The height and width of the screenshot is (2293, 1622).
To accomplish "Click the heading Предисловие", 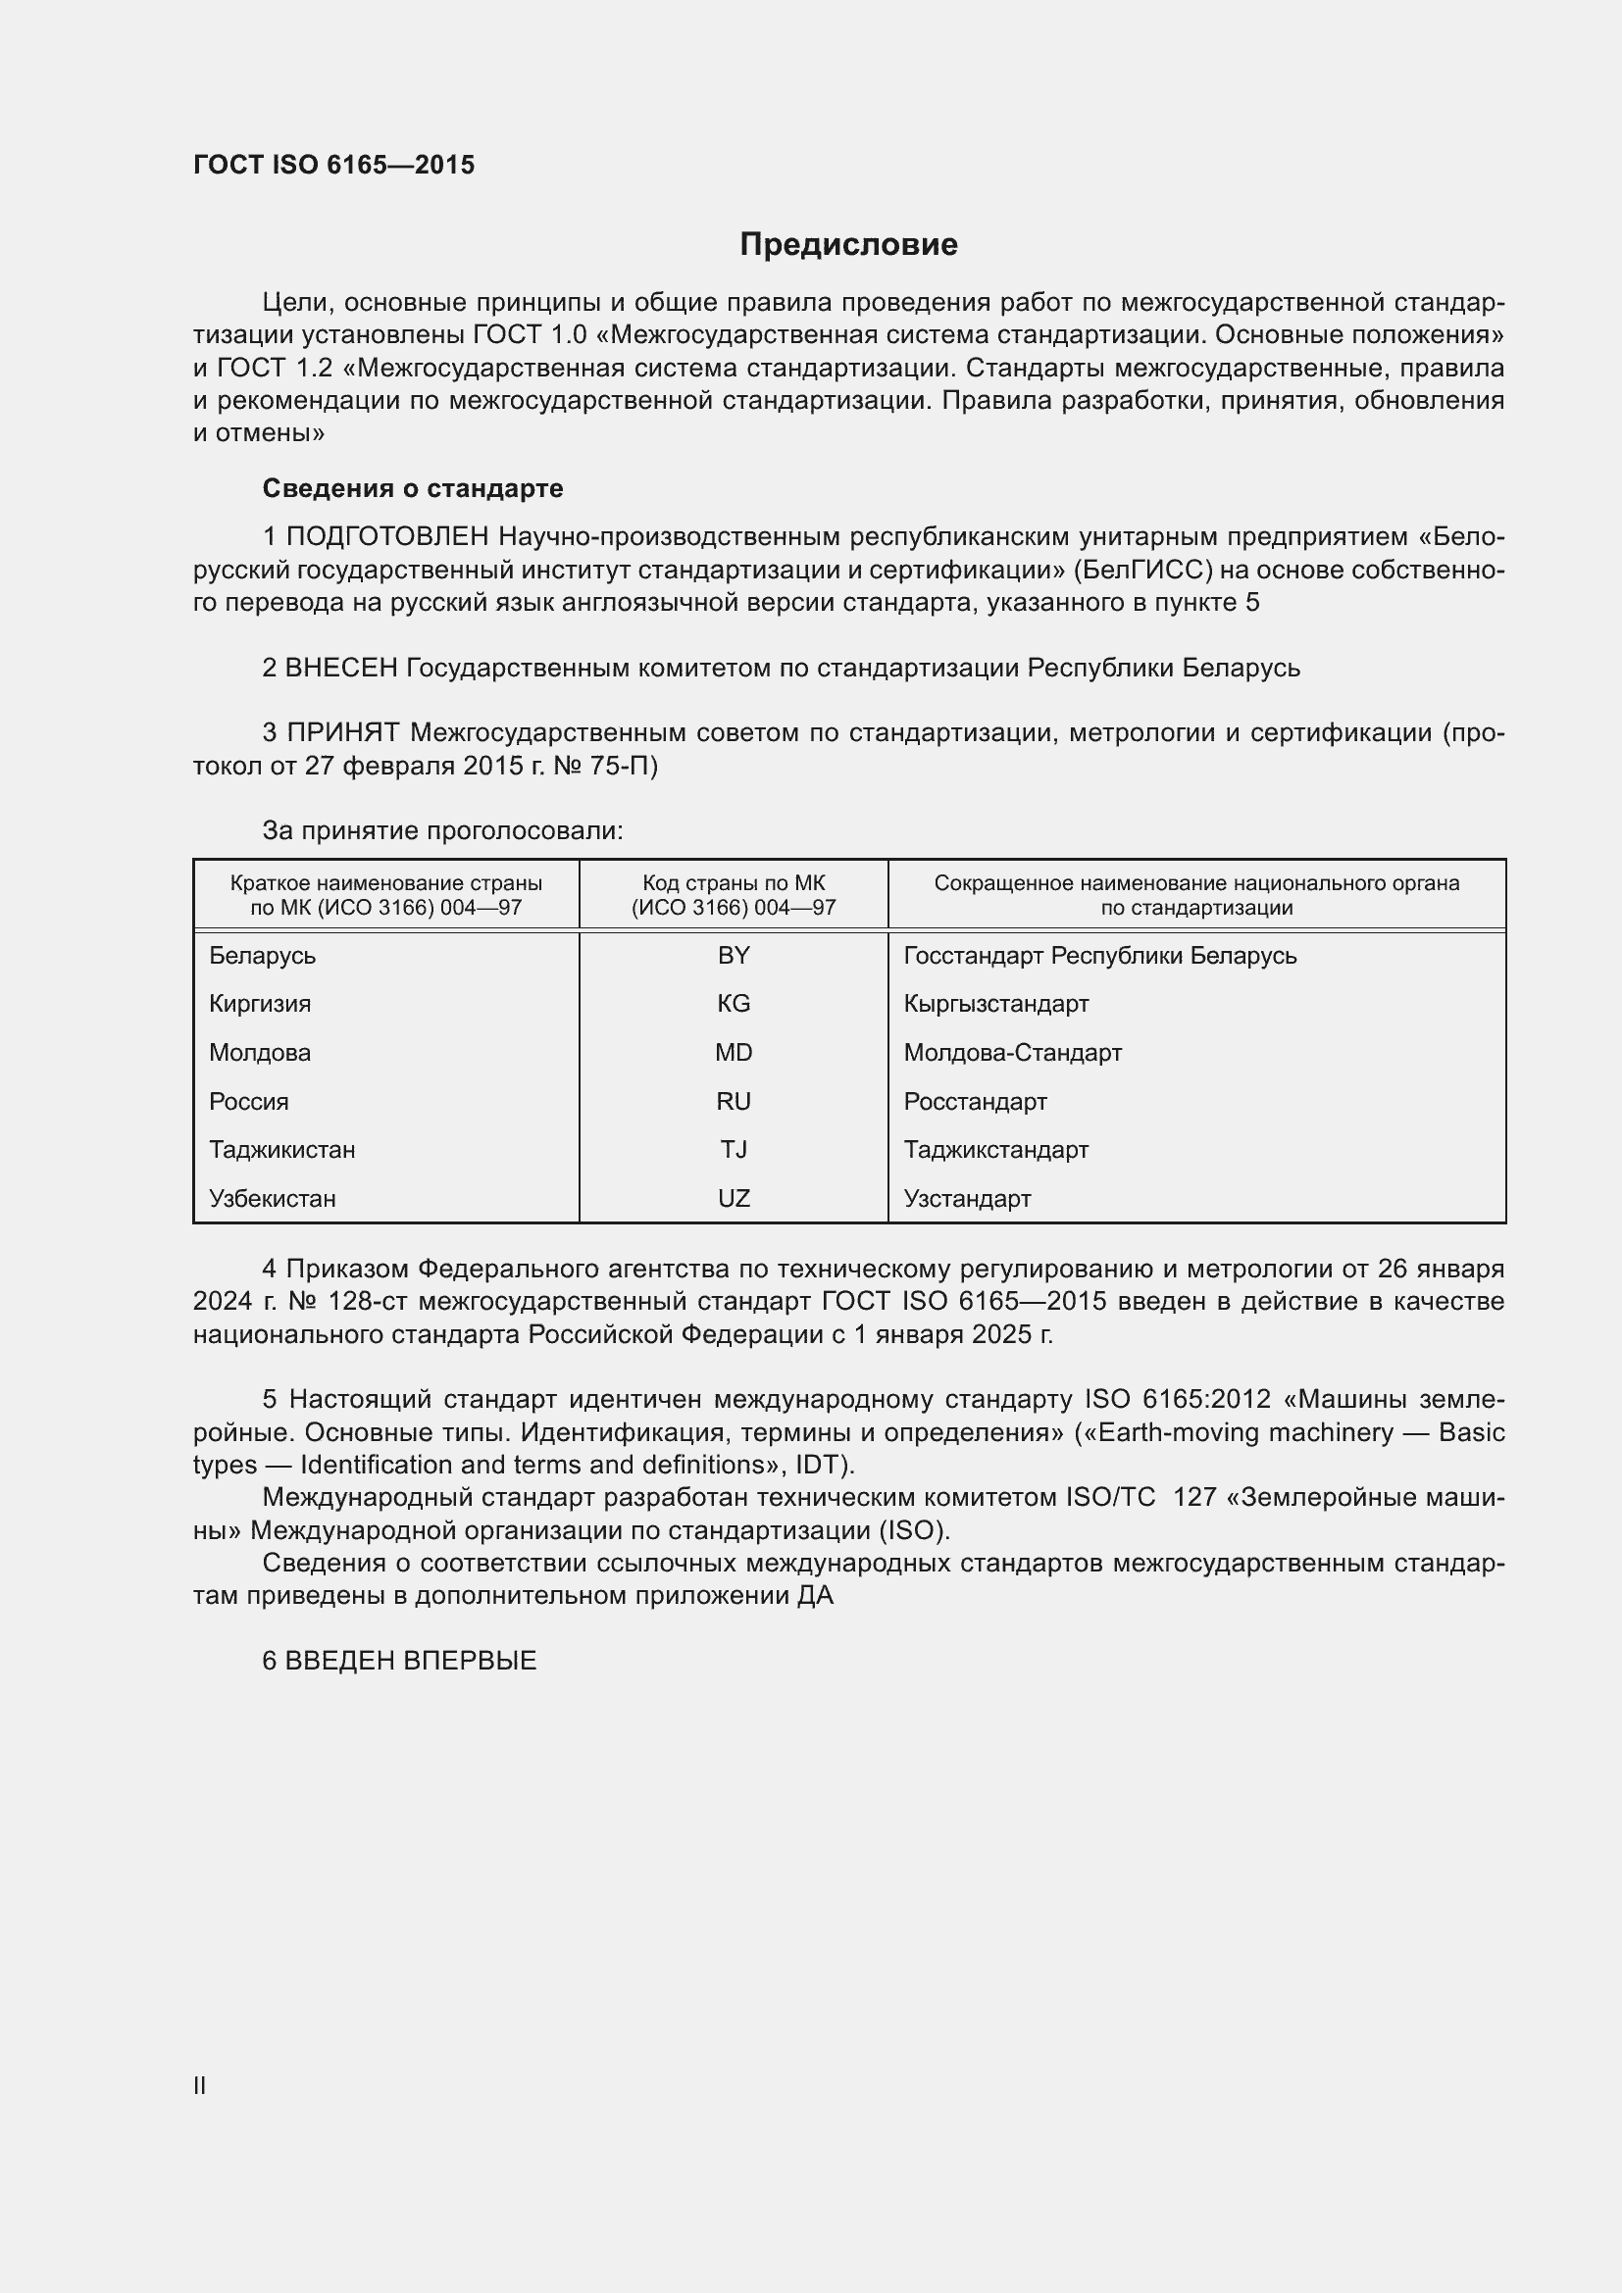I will click(848, 245).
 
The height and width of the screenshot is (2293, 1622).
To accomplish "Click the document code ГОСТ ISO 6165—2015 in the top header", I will click(333, 165).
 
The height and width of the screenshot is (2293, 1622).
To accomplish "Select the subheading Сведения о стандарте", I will click(412, 488).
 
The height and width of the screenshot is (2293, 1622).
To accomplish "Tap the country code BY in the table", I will click(734, 956).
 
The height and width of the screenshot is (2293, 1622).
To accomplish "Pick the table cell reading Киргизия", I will click(260, 1004).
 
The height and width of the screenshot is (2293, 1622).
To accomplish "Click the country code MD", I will click(734, 1053).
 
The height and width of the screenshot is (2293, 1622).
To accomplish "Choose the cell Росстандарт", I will click(975, 1102).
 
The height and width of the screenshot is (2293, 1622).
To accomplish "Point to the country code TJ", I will click(734, 1150).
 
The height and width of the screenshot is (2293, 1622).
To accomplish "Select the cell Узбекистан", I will click(272, 1198).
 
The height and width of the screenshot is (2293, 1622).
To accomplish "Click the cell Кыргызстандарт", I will click(995, 1004).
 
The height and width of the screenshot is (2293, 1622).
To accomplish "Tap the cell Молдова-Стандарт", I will click(1012, 1053).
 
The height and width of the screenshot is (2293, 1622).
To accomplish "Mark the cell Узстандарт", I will click(967, 1198).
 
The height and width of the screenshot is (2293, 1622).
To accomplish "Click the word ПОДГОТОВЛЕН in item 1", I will click(387, 537).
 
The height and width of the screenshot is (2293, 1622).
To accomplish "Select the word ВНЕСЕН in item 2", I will click(341, 669).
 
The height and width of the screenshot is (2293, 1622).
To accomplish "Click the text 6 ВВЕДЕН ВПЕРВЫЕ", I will click(399, 1661).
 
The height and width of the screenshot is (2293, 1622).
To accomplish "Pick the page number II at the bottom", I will click(200, 2086).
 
